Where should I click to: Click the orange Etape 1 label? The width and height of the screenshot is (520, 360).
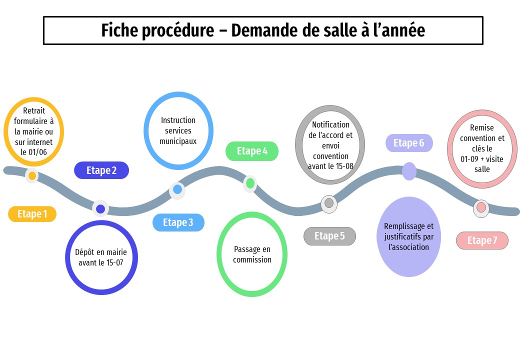(32, 214)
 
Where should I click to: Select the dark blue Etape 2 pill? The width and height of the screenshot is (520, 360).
(101, 170)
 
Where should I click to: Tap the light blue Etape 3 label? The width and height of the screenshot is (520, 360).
(178, 222)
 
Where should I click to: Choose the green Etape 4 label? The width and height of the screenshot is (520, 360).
(252, 151)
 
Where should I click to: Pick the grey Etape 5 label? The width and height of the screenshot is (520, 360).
(329, 236)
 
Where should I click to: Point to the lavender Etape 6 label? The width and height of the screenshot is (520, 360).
(408, 143)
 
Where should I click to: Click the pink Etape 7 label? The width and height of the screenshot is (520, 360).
(482, 240)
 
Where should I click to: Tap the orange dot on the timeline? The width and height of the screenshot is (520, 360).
(32, 176)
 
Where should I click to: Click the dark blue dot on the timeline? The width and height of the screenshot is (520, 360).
(100, 209)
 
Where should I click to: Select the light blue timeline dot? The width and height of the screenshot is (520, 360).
(177, 189)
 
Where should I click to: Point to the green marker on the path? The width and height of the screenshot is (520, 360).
(250, 183)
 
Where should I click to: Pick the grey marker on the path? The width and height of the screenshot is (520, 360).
(329, 203)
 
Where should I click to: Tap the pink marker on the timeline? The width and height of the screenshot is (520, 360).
(481, 207)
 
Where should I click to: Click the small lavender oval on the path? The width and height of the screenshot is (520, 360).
(409, 171)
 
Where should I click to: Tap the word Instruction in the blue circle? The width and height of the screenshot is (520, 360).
(178, 120)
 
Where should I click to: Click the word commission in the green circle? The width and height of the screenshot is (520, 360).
(252, 259)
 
